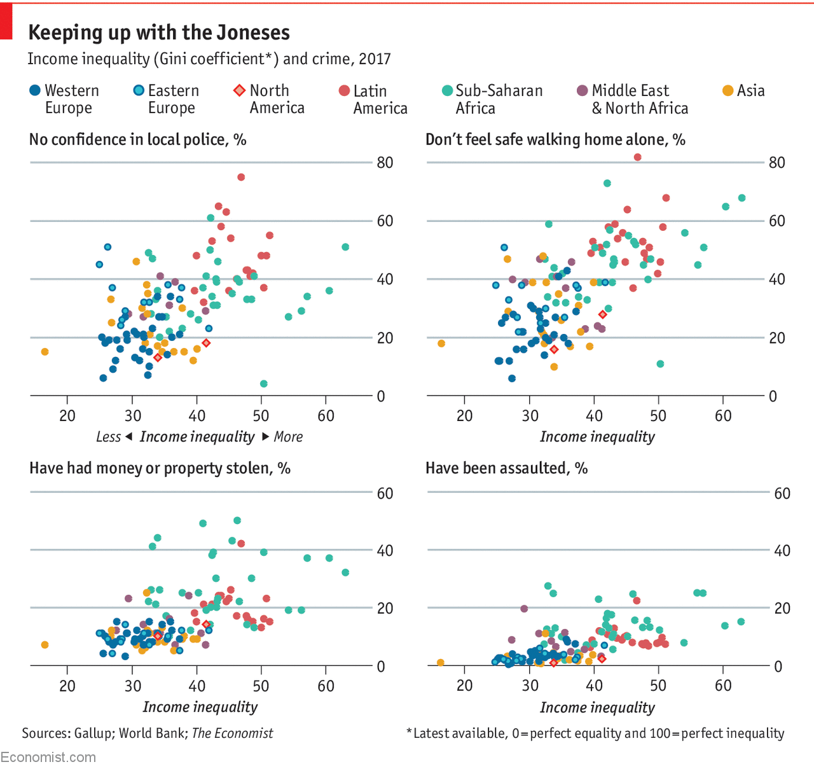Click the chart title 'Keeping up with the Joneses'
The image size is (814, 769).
[159, 32]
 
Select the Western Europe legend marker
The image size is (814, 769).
[35, 90]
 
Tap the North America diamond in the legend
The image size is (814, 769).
[239, 90]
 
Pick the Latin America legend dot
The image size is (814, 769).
[344, 91]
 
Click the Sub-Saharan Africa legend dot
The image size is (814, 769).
[447, 90]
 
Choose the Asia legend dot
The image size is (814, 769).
[728, 90]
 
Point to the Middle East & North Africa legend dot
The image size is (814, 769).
[582, 90]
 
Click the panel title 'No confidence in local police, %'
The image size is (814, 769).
[137, 139]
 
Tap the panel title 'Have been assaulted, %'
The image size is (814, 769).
[506, 468]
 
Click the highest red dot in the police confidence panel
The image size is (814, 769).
[241, 177]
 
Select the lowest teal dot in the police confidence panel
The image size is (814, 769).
[264, 384]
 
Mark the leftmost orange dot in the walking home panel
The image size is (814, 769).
[441, 343]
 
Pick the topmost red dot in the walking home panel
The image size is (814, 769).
[638, 157]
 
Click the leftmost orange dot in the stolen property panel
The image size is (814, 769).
[45, 644]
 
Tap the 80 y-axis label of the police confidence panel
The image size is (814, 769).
[385, 162]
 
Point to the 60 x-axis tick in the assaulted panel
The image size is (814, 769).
[723, 685]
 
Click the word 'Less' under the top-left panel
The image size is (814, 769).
[108, 437]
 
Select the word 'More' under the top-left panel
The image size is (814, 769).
[288, 437]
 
